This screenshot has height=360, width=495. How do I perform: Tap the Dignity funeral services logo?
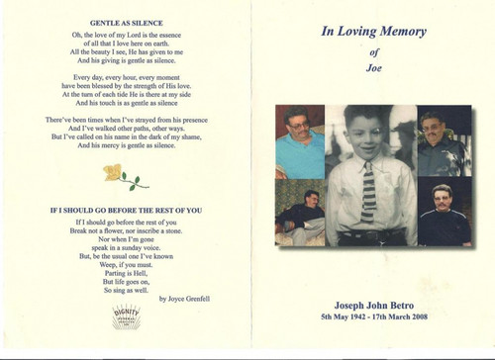click(126, 316)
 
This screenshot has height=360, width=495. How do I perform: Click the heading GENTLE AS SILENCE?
click(126, 22)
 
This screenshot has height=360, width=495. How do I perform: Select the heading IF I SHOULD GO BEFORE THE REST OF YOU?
click(125, 210)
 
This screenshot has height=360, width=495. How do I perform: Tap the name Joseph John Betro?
click(373, 295)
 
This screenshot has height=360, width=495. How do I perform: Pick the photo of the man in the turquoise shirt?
click(300, 141)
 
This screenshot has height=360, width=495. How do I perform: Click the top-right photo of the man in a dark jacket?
click(442, 141)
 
